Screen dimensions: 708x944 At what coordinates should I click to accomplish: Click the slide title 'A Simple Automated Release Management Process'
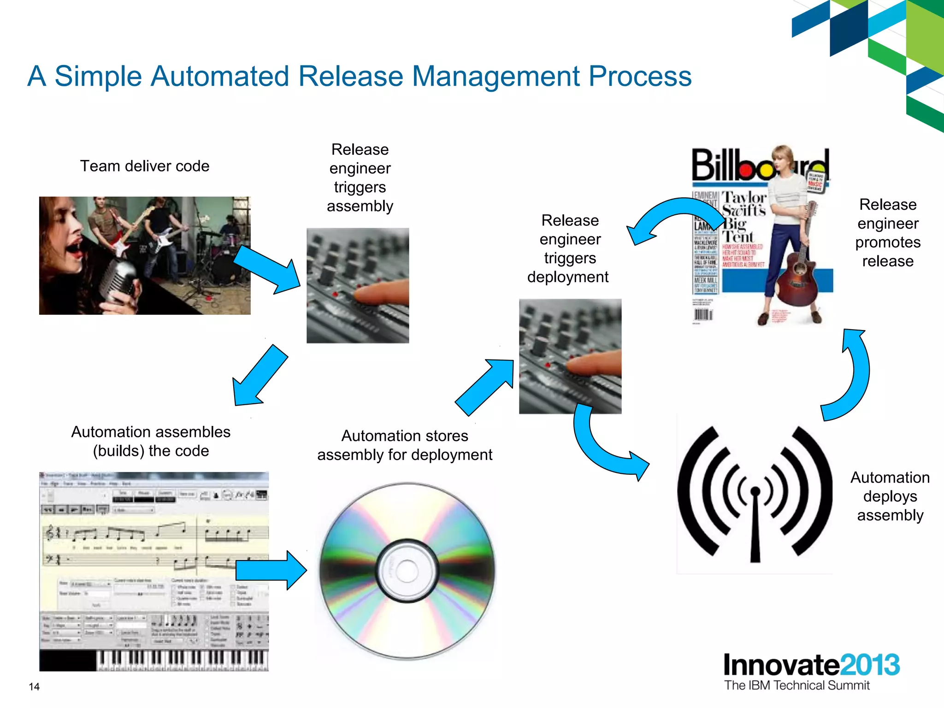coord(359,76)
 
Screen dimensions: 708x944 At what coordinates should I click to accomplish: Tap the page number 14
coord(34,687)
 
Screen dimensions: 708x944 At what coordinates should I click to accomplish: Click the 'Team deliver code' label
coord(145,166)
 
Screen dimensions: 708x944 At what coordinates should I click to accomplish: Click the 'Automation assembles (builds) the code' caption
coord(151,441)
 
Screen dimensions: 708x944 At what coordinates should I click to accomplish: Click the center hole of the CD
coord(407,571)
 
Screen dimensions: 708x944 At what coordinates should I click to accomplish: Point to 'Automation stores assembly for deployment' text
coord(405,445)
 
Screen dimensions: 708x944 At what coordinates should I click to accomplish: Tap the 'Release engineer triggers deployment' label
coord(570,248)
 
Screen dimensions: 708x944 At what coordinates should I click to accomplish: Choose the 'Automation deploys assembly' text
coord(890,496)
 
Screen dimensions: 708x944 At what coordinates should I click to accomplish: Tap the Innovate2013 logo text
coord(811,665)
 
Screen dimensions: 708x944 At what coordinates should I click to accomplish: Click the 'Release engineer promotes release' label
coord(887,233)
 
